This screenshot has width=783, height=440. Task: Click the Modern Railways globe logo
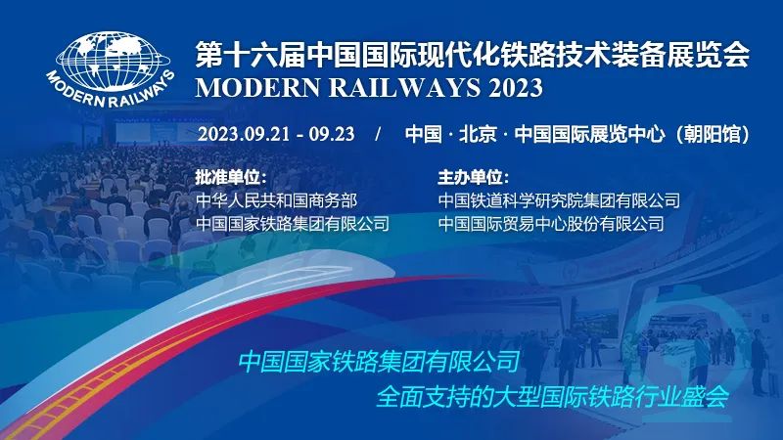coord(111,68)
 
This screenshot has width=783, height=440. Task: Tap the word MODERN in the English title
coord(257,88)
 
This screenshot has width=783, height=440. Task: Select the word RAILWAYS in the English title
coord(404,88)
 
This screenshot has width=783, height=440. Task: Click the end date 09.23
coord(332,134)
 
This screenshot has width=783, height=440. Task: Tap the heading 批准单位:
coord(231,177)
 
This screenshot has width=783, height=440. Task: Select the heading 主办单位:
coord(474,177)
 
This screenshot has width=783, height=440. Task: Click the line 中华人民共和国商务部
coord(277,200)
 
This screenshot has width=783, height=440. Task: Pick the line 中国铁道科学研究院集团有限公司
coord(559,200)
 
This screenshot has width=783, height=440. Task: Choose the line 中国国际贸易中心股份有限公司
coord(551,224)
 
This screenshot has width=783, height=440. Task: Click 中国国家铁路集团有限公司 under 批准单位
coord(293,224)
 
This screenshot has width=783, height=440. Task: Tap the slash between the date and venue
coord(378,134)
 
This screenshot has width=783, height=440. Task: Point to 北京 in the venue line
coord(478,134)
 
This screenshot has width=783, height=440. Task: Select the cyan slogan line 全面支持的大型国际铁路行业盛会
coord(552,397)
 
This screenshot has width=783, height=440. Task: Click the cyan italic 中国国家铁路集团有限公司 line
coord(380,362)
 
